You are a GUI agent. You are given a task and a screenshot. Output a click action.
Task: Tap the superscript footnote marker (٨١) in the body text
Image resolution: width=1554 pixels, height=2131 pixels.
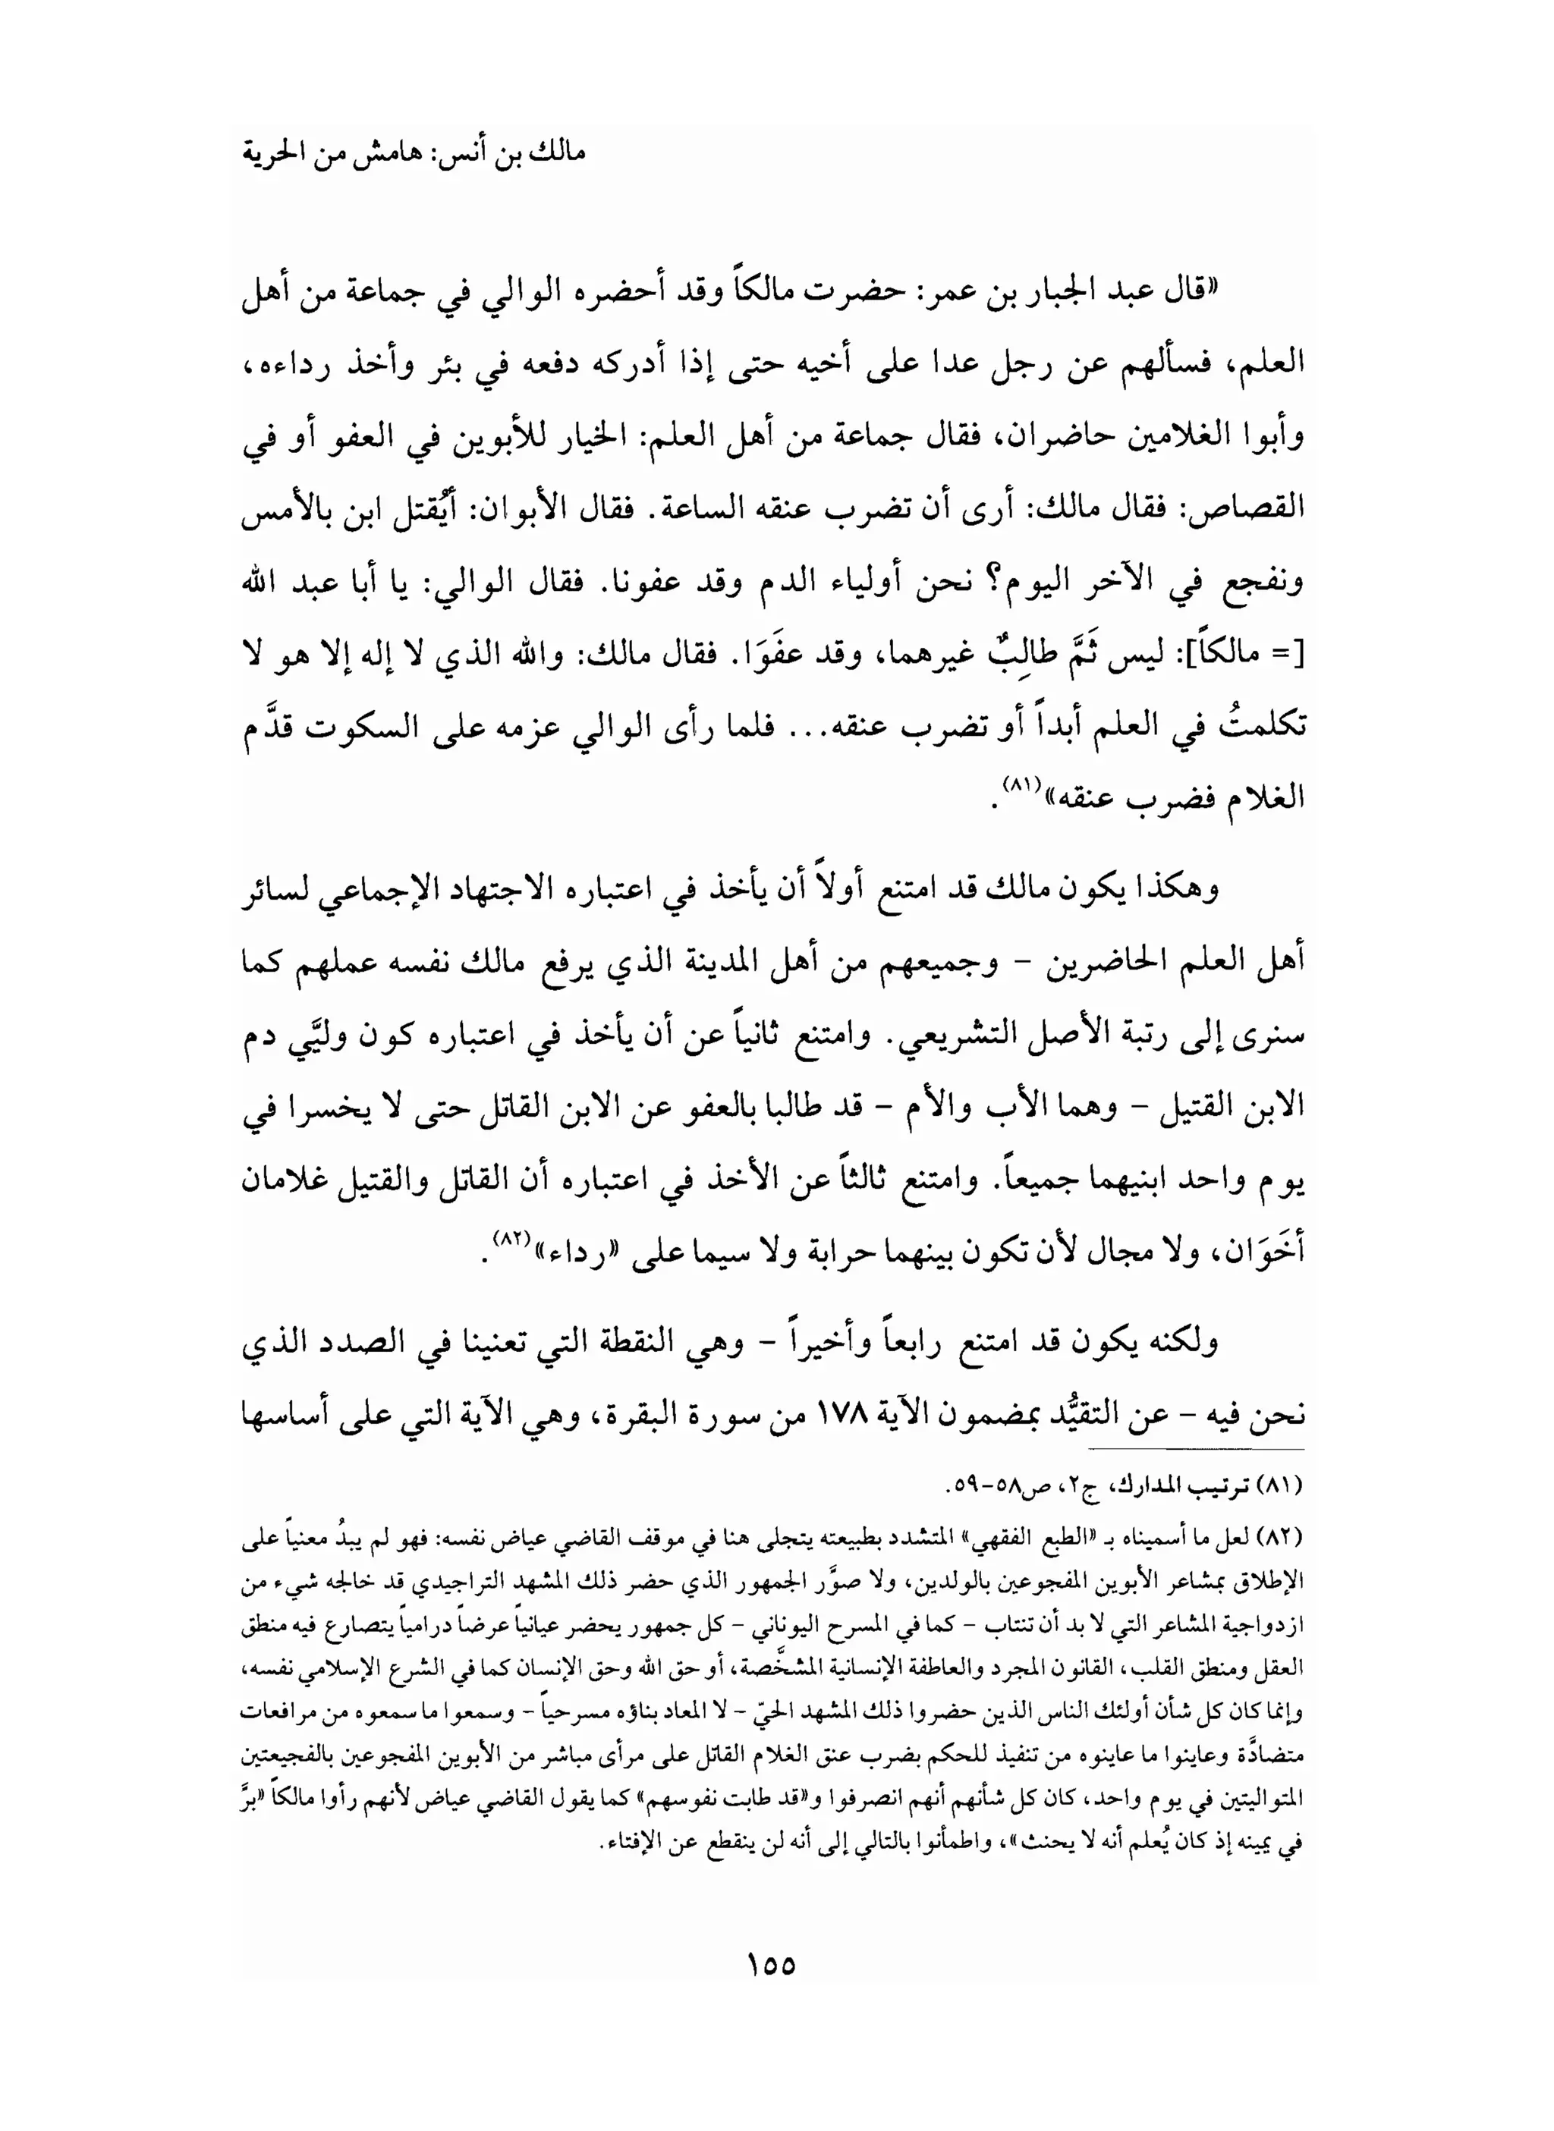[1019, 784]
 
